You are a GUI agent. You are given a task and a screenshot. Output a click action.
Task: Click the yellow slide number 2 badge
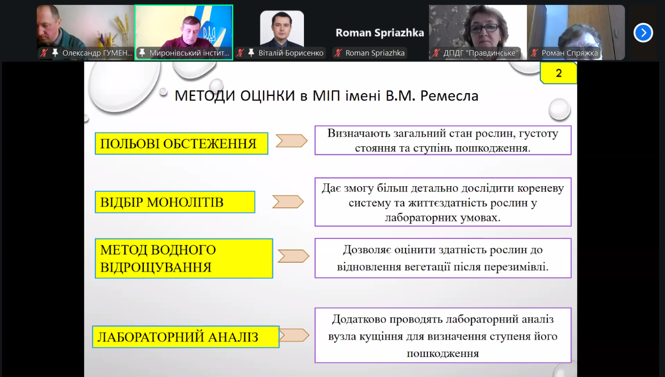point(559,73)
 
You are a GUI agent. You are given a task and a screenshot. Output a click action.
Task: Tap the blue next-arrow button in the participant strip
point(643,33)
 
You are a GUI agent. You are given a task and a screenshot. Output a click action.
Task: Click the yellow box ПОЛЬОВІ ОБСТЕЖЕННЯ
point(181,144)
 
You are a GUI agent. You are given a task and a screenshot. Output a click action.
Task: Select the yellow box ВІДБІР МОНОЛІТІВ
point(175,202)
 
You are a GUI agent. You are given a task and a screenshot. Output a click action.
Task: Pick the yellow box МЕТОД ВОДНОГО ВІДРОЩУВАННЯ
point(184,258)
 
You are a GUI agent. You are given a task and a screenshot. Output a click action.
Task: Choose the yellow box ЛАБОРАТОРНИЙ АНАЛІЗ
point(185,337)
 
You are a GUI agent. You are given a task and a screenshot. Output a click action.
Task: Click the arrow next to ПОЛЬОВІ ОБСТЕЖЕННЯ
point(291,141)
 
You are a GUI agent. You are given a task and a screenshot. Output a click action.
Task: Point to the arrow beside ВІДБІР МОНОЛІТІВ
point(288,202)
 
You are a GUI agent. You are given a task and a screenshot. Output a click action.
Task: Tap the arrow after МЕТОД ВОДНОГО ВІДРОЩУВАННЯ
point(293,256)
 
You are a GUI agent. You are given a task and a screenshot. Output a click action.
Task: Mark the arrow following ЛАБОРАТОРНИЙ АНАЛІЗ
point(294,335)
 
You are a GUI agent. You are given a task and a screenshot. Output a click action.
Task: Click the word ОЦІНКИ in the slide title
point(268,96)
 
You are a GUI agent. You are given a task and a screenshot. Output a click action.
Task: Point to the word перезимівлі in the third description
point(517,266)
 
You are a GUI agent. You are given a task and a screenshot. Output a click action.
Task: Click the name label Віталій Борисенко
point(291,53)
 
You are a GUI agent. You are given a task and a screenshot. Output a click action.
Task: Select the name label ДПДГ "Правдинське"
point(480,53)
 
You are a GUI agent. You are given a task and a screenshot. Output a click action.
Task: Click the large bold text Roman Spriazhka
point(380,33)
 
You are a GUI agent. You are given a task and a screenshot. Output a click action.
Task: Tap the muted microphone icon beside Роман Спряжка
point(534,53)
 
